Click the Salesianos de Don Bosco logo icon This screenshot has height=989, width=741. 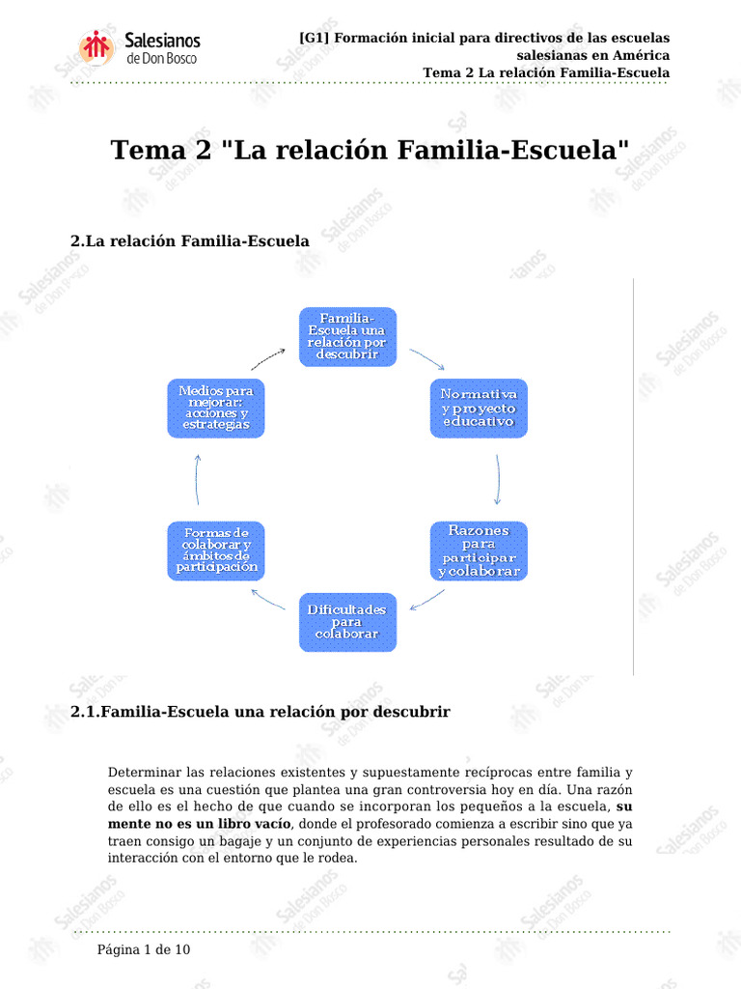[x=96, y=47]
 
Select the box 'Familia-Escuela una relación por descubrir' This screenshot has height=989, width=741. [x=347, y=337]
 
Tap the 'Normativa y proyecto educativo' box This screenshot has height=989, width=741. [x=479, y=409]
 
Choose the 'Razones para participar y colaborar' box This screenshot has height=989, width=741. [x=479, y=551]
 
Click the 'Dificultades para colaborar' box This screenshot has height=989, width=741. [x=347, y=622]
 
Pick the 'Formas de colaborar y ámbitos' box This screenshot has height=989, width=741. [x=216, y=551]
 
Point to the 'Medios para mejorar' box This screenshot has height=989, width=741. [x=216, y=409]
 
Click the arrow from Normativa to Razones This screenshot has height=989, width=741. [x=499, y=479]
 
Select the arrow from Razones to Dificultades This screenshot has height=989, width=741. [x=427, y=600]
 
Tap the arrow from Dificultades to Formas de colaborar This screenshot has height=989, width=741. [x=268, y=599]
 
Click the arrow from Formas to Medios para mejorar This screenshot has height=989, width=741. [x=197, y=479]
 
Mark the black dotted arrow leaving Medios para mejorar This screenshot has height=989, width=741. [x=268, y=359]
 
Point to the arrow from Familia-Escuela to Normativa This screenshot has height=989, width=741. [x=427, y=359]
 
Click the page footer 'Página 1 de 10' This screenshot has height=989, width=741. [x=144, y=949]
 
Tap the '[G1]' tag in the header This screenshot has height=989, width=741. [x=315, y=38]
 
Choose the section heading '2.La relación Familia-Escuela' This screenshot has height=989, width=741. [x=190, y=240]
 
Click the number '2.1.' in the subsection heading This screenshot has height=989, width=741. [x=86, y=712]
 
